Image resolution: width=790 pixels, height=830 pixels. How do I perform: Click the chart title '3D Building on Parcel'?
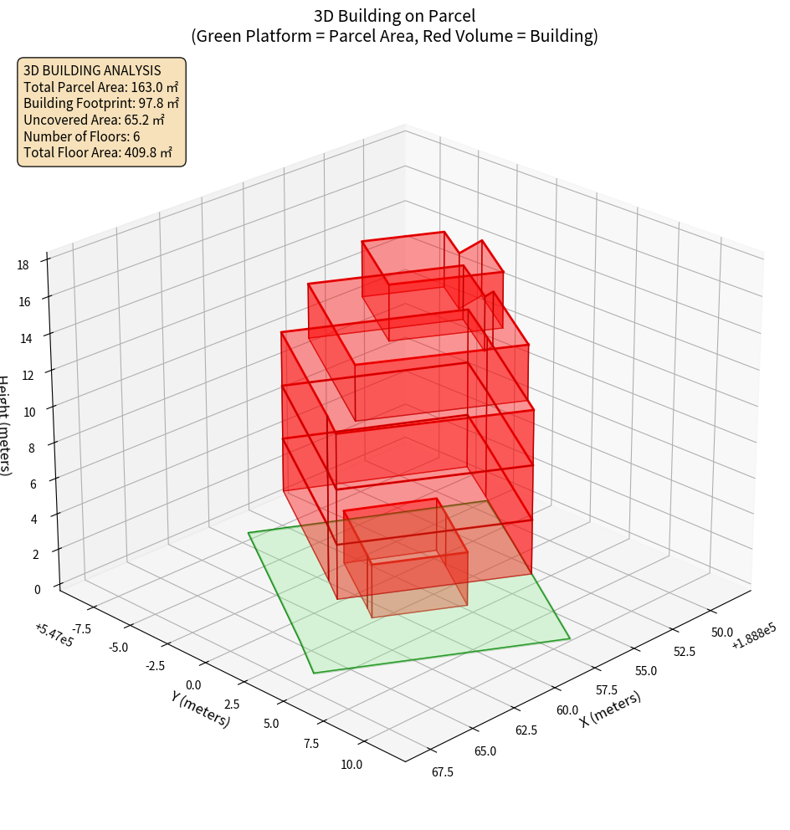click(394, 15)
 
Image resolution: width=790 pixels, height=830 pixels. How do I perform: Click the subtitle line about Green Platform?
click(394, 36)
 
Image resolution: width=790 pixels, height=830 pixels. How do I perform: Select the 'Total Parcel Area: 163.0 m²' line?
click(101, 87)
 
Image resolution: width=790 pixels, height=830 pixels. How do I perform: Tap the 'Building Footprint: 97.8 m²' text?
click(101, 104)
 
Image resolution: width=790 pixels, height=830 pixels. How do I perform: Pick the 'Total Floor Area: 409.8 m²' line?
click(98, 153)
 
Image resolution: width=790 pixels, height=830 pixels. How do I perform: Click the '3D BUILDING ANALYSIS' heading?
click(92, 70)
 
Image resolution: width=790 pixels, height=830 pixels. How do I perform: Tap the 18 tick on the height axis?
click(23, 265)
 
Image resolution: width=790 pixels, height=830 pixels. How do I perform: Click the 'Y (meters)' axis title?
click(199, 709)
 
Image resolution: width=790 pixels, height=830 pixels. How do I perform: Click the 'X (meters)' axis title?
click(610, 710)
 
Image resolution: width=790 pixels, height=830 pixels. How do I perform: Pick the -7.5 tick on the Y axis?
click(82, 629)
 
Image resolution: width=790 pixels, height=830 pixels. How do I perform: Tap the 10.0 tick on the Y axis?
click(351, 764)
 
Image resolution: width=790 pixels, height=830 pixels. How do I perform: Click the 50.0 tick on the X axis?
click(721, 632)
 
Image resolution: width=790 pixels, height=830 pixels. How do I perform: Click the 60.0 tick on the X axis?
click(567, 710)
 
